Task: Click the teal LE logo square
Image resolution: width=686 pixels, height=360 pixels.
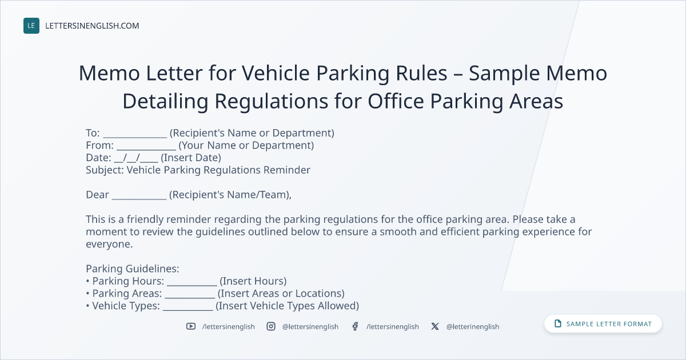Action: pos(31,26)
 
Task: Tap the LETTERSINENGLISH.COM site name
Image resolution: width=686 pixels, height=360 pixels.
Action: pos(92,26)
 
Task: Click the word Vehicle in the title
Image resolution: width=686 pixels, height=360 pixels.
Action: pos(276,73)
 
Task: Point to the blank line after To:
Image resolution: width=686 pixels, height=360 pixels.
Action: pos(135,137)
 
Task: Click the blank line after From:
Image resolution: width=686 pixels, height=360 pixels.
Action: pos(146,149)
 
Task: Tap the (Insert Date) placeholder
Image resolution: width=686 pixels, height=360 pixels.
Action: pos(191,158)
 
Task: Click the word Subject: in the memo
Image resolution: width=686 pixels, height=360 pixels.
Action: pos(105,170)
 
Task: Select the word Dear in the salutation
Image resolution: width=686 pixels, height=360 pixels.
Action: pos(97,195)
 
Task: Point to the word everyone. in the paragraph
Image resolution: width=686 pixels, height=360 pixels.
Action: pos(109,244)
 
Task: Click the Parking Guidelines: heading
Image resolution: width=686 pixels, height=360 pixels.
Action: pos(132,269)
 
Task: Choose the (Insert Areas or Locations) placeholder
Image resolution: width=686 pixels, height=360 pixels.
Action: pos(281,293)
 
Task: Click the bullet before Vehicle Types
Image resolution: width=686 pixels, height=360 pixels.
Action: pos(87,306)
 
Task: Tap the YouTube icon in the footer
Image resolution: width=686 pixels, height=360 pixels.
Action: pos(191,326)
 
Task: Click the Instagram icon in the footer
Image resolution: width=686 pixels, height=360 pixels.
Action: pos(271,326)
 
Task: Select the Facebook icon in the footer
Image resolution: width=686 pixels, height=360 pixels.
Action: pos(355,326)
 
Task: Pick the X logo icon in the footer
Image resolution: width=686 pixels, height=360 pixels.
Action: pos(435,326)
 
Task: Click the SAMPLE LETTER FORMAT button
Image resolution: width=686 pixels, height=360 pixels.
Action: pos(603,323)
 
